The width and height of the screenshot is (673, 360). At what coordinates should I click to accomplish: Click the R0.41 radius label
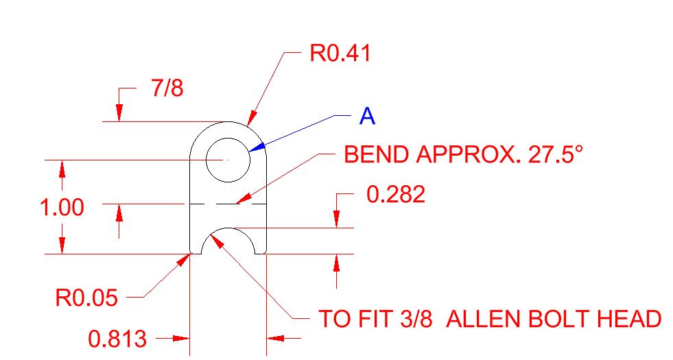340,53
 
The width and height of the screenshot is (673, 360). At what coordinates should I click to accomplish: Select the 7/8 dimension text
167,88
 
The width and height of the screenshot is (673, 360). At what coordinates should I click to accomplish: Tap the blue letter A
367,116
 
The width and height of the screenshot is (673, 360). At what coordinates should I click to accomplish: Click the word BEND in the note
376,154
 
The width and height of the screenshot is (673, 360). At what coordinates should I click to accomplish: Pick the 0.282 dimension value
396,194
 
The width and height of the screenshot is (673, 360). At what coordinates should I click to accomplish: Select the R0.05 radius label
86,298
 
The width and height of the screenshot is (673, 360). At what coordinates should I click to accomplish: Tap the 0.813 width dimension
117,339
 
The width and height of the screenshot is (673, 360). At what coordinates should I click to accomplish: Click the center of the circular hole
228,160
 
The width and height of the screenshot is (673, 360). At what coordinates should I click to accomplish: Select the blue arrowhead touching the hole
255,147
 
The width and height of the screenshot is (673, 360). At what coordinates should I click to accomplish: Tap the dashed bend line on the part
228,204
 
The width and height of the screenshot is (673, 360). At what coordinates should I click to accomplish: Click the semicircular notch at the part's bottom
228,228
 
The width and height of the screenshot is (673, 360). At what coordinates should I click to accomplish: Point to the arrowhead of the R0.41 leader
252,119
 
